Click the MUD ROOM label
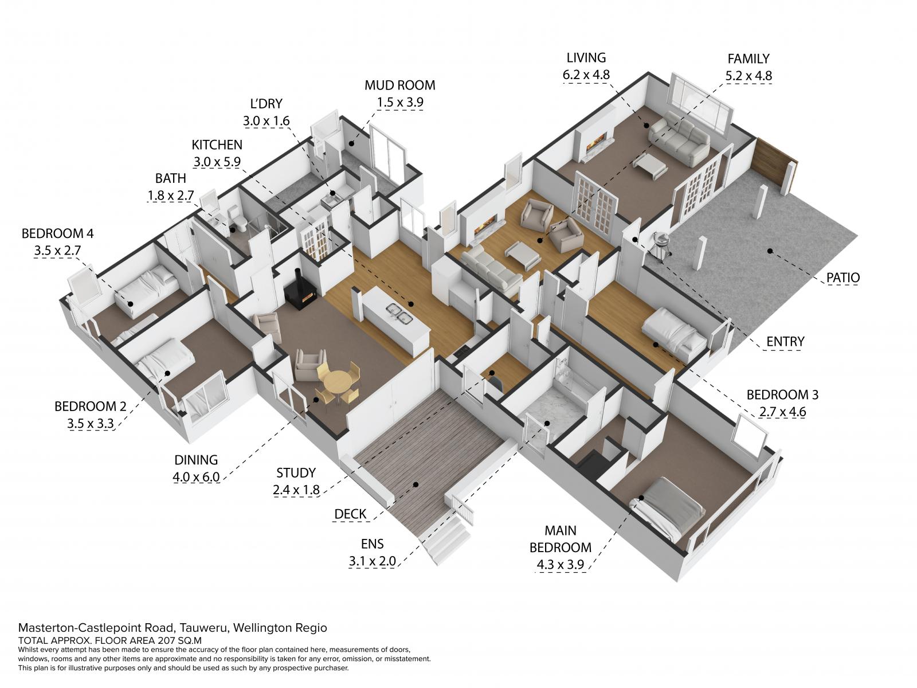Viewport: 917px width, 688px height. click(x=399, y=85)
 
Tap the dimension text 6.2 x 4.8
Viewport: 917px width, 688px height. click(x=586, y=75)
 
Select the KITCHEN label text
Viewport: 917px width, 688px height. click(x=217, y=145)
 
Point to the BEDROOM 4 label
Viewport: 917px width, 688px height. click(x=58, y=233)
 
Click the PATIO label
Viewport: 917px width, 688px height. click(x=843, y=277)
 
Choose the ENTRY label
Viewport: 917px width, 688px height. click(x=785, y=342)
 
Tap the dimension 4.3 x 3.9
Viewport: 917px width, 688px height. click(x=560, y=565)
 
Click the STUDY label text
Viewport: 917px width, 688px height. click(x=296, y=473)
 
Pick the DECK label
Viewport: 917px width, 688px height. click(x=350, y=514)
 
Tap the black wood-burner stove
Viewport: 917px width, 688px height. click(x=300, y=292)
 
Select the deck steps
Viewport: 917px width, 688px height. click(x=445, y=542)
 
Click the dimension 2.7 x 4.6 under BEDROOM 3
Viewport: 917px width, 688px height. click(x=782, y=412)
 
